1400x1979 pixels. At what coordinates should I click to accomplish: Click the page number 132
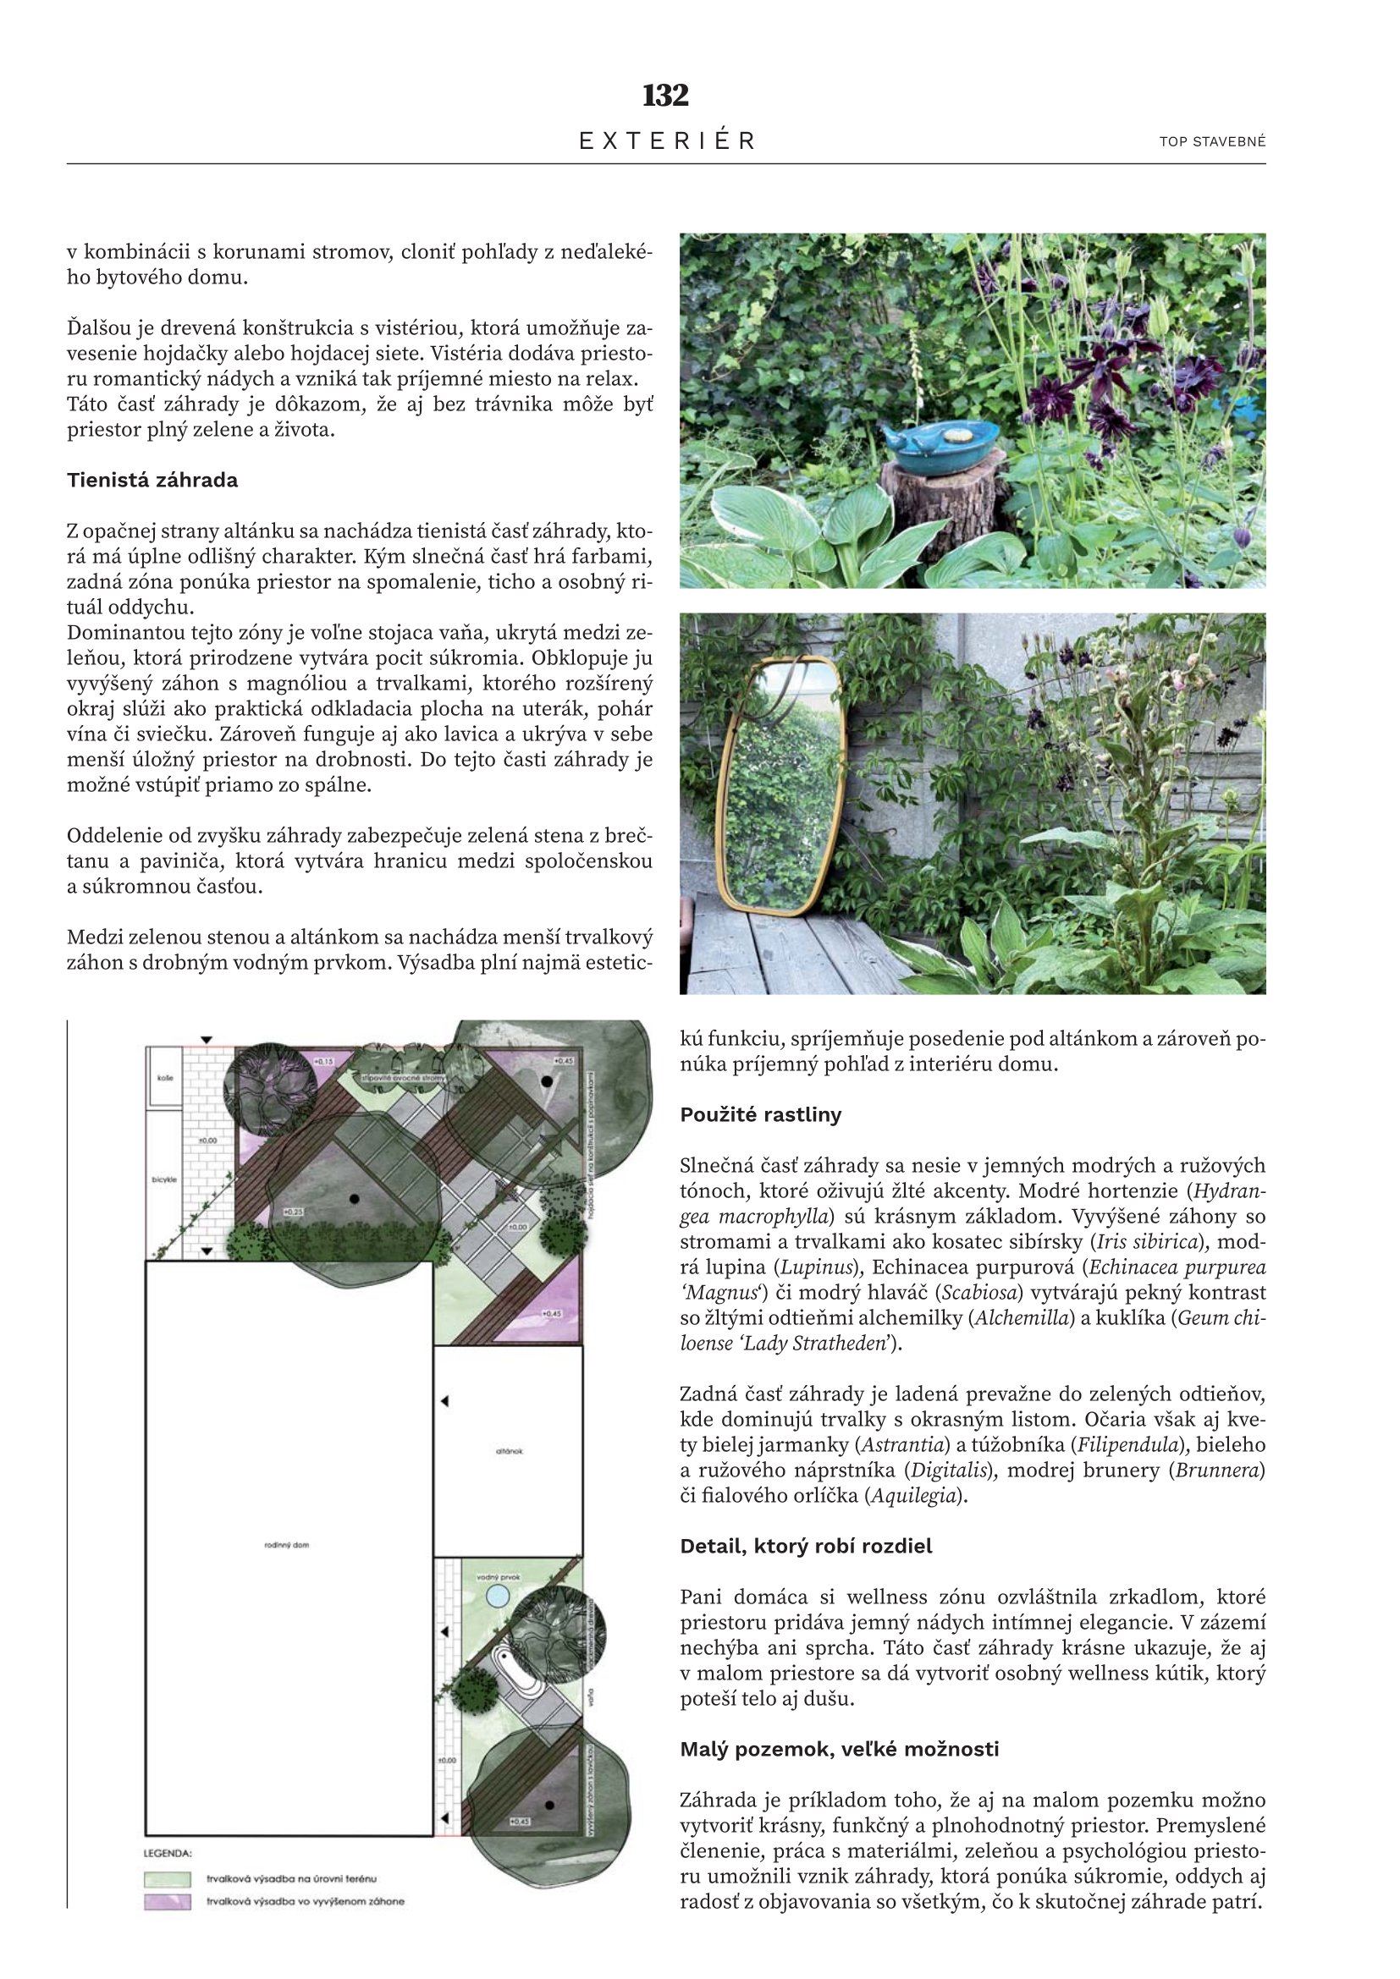[x=665, y=96]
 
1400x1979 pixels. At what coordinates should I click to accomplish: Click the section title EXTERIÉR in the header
[x=666, y=141]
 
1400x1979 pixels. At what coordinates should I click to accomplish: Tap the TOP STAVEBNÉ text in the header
[x=1212, y=142]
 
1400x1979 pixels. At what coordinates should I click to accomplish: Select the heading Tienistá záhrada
[x=152, y=480]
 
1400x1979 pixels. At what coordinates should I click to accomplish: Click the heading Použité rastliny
[x=760, y=1114]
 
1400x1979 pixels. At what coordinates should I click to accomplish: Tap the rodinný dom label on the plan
[x=286, y=1546]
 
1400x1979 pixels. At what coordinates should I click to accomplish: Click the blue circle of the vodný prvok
[x=498, y=1597]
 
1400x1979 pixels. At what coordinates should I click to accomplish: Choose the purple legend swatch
[x=168, y=1900]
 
